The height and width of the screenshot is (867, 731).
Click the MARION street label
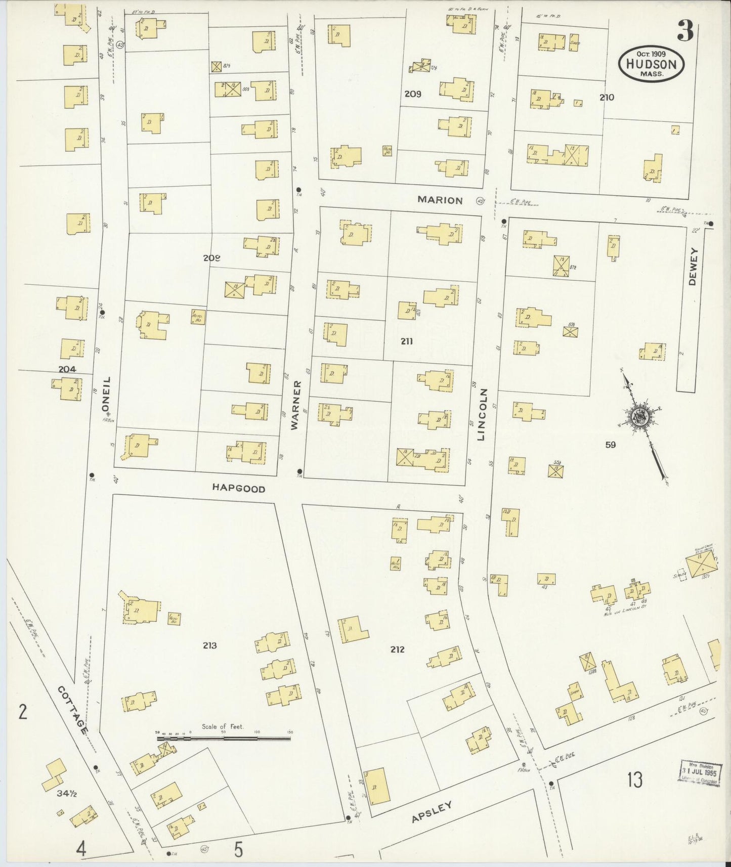tap(440, 200)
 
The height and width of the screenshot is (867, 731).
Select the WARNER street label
tap(296, 405)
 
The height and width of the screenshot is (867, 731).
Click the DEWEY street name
tap(693, 266)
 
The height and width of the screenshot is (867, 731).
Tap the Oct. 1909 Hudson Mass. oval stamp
tap(651, 63)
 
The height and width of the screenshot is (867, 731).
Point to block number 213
tap(209, 645)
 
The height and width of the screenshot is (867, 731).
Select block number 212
tap(397, 649)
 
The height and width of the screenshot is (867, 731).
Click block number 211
tap(407, 341)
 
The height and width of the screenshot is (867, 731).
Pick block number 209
tap(412, 94)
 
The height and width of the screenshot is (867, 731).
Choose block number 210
tap(607, 97)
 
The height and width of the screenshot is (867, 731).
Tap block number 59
tap(611, 445)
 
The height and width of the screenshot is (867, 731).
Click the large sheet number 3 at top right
tap(685, 32)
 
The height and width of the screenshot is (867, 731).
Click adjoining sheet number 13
tap(635, 779)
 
